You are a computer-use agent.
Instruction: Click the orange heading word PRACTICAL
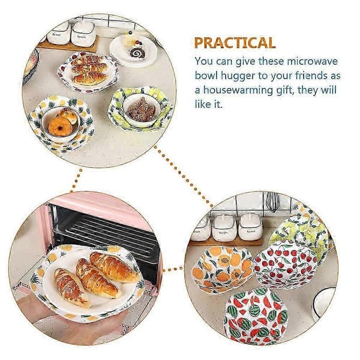tap(235, 43)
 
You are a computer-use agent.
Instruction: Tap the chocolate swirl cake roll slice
tap(138, 53)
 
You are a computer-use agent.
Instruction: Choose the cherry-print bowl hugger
tap(286, 264)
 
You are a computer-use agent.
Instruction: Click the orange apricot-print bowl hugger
tap(223, 269)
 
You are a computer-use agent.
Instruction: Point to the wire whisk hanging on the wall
tap(273, 202)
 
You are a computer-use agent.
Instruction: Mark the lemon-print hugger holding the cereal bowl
tap(140, 109)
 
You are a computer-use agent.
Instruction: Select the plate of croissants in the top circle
tap(89, 73)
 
